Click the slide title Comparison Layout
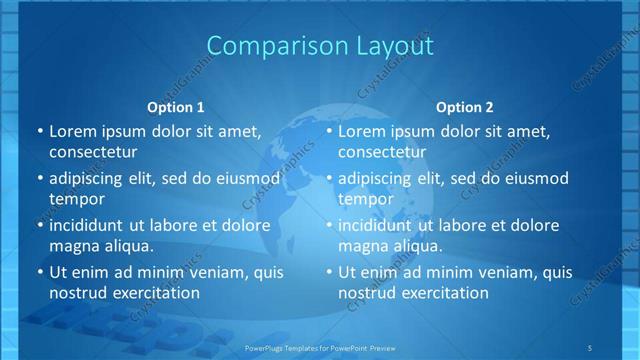point(320,45)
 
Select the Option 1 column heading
point(176,107)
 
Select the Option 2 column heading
point(465,107)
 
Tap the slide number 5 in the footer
point(590,347)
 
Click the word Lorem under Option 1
point(72,131)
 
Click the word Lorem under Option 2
point(361,131)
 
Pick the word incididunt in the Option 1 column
point(93,225)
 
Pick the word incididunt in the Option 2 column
point(382,225)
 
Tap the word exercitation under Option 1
point(152,293)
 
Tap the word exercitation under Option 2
point(441,293)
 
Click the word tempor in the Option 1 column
point(74,199)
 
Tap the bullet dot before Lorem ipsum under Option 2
point(328,131)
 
